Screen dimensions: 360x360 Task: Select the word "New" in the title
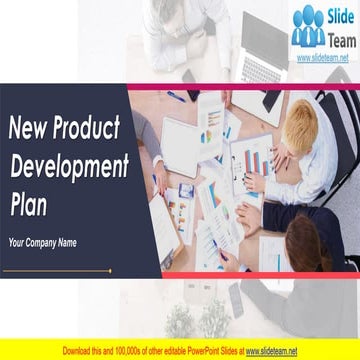(x=28, y=127)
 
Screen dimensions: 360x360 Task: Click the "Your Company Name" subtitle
(x=43, y=242)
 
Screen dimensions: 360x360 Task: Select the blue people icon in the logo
(x=308, y=27)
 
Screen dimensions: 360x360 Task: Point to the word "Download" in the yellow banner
(x=80, y=352)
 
